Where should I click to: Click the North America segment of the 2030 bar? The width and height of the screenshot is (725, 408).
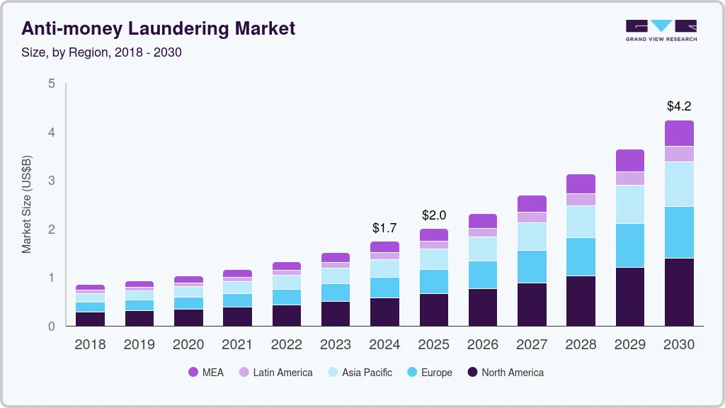pyautogui.click(x=679, y=292)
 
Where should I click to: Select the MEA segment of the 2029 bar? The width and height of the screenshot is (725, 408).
pyautogui.click(x=630, y=160)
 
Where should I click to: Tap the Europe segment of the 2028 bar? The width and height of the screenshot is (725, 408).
pyautogui.click(x=581, y=256)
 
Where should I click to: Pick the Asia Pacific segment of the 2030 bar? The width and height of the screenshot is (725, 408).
pyautogui.click(x=679, y=184)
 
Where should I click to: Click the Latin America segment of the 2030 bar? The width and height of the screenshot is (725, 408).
pyautogui.click(x=679, y=154)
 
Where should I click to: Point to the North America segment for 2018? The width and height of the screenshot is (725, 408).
pyautogui.click(x=90, y=319)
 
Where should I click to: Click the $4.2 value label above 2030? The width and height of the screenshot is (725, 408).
pyautogui.click(x=679, y=107)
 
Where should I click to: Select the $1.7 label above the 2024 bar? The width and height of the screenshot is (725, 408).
pyautogui.click(x=384, y=228)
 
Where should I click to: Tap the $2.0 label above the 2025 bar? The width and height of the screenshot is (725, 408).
pyautogui.click(x=434, y=215)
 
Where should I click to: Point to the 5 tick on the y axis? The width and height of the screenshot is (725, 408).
pyautogui.click(x=51, y=84)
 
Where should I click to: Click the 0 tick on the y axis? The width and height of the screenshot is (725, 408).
pyautogui.click(x=51, y=327)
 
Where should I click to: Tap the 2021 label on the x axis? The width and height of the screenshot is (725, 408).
pyautogui.click(x=237, y=345)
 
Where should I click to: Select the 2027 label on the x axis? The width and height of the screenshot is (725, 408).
pyautogui.click(x=532, y=345)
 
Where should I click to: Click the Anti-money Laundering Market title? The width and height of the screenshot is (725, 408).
pyautogui.click(x=159, y=29)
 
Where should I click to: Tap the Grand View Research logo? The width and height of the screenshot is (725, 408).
pyautogui.click(x=661, y=30)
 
